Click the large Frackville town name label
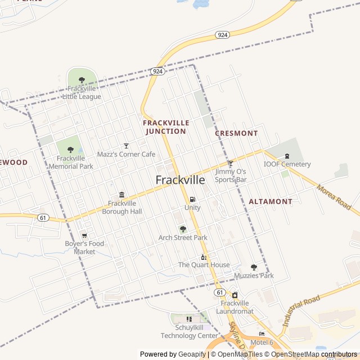[x=179, y=180]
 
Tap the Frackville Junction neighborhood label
[x=165, y=127]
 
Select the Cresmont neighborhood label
[x=236, y=133]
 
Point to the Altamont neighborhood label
[x=271, y=201]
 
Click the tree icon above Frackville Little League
[x=82, y=80]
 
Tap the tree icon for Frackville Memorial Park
[x=70, y=150]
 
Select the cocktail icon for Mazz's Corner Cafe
[x=126, y=146]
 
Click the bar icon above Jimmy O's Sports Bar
[x=230, y=163]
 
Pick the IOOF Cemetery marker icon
[x=287, y=156]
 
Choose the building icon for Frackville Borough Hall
[x=121, y=195]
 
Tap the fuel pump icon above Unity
[x=192, y=199]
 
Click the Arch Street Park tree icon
[x=183, y=229]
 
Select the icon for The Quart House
[x=204, y=257]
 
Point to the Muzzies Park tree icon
[x=254, y=267]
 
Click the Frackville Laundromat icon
[x=235, y=295]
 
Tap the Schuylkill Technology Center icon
[x=189, y=319]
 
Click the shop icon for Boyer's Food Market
[x=84, y=236]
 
